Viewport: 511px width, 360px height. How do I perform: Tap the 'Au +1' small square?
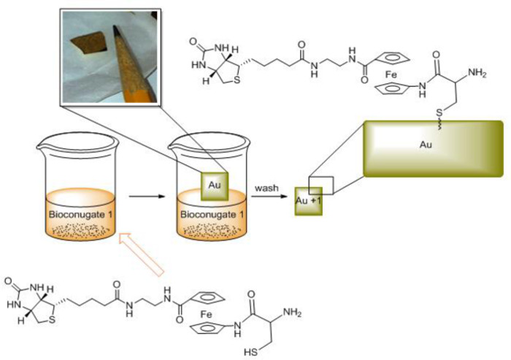click(308, 200)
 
